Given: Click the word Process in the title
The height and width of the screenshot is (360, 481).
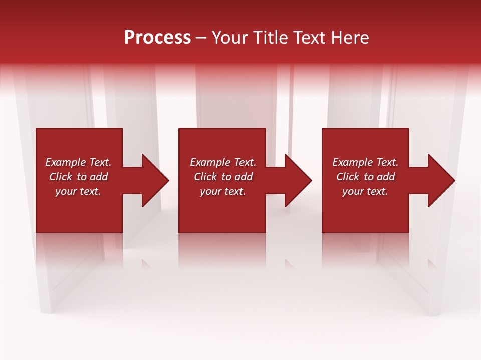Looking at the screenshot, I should click(x=157, y=38).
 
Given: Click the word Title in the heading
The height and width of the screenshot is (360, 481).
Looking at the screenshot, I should click(x=271, y=38).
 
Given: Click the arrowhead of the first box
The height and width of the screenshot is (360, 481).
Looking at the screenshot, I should click(x=155, y=180).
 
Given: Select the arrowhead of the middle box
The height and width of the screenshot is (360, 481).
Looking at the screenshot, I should click(x=298, y=180).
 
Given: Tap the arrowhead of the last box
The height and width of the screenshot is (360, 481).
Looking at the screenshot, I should click(x=441, y=180).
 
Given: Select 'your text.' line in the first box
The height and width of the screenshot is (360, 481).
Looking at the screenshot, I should click(x=78, y=191).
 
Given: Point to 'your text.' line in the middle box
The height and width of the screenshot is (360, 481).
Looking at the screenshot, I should click(x=223, y=191).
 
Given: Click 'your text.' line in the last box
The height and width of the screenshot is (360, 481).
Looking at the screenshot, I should click(x=365, y=191).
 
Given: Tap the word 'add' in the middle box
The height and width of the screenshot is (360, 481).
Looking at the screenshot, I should click(x=244, y=177).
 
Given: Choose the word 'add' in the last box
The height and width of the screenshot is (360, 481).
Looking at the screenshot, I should click(x=386, y=177).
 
